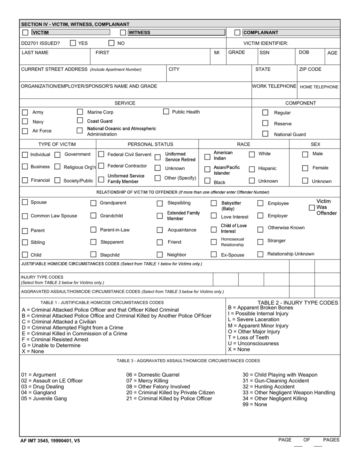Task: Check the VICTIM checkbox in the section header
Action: pos(25,33)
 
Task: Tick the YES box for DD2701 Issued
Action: pos(73,43)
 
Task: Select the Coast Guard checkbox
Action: pos(80,120)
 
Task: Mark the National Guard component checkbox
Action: pos(265,134)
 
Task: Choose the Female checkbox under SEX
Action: pos(305,168)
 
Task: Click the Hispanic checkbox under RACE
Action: pos(252,169)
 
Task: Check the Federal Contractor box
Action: pos(101,166)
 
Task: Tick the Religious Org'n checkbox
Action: pos(58,167)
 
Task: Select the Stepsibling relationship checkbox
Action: pos(160,203)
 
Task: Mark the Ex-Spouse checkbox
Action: pos(214,255)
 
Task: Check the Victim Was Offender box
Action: pos(311,208)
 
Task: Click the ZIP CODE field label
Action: pos(310,69)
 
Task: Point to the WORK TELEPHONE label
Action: pos(274,86)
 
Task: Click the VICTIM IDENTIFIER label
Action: pos(266,43)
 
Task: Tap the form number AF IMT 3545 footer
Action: pos(50,441)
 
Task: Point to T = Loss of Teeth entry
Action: pos(248,338)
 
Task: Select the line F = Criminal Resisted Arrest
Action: pos(55,339)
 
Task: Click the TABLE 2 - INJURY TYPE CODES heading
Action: pos(298,303)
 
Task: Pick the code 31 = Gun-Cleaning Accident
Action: pos(275,381)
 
